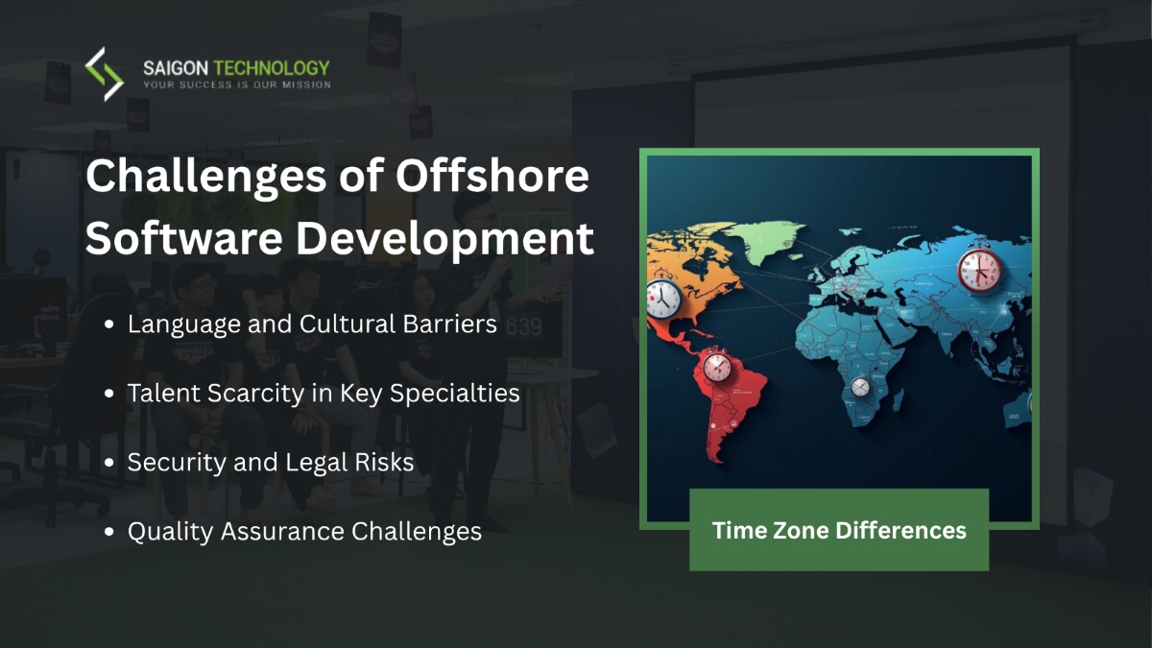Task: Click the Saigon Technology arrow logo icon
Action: pos(105,74)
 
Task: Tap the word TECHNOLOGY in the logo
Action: pos(271,68)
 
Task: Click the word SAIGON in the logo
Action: pos(176,68)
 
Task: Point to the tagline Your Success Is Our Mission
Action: pos(237,84)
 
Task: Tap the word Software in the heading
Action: pos(183,238)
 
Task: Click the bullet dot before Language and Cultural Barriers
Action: pos(108,324)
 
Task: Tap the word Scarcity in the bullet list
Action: pos(255,395)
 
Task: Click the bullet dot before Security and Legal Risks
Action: pos(108,463)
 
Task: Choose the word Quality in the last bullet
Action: pos(170,533)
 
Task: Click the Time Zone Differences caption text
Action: pos(839,530)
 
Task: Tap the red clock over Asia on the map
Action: pos(979,270)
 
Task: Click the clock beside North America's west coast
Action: pos(663,299)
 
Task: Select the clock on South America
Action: pos(717,366)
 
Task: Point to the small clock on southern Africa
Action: pos(860,387)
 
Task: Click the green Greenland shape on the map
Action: pos(765,238)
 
